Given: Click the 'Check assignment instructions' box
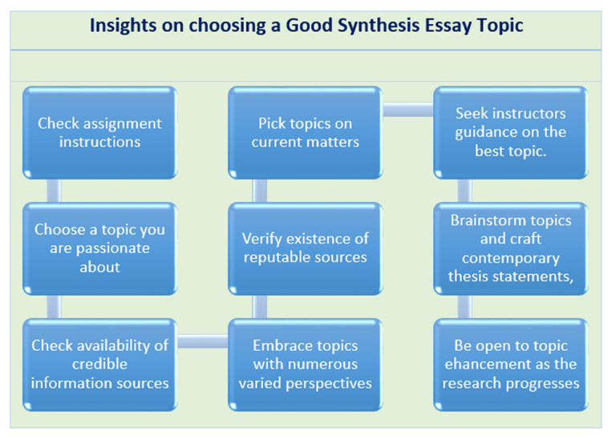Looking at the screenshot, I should coord(99,133).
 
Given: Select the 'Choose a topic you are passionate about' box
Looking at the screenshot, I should coord(99,248).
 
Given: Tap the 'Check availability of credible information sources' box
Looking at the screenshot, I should coord(99,364).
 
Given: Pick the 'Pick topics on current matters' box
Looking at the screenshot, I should coord(305,133).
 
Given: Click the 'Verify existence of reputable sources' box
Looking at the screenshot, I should coord(305,248).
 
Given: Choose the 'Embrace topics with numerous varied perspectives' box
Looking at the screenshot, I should coord(305,364).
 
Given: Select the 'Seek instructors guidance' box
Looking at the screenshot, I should coord(510,133).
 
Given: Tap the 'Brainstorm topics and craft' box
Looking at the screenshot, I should coord(510,248).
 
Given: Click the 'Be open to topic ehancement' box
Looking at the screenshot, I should coord(510,364).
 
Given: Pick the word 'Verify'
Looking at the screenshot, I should coord(264,239).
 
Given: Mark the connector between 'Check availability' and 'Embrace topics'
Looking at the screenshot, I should coord(202,342).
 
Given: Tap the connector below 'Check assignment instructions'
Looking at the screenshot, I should coord(54,190).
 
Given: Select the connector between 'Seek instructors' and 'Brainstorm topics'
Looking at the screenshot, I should coord(464,190).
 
